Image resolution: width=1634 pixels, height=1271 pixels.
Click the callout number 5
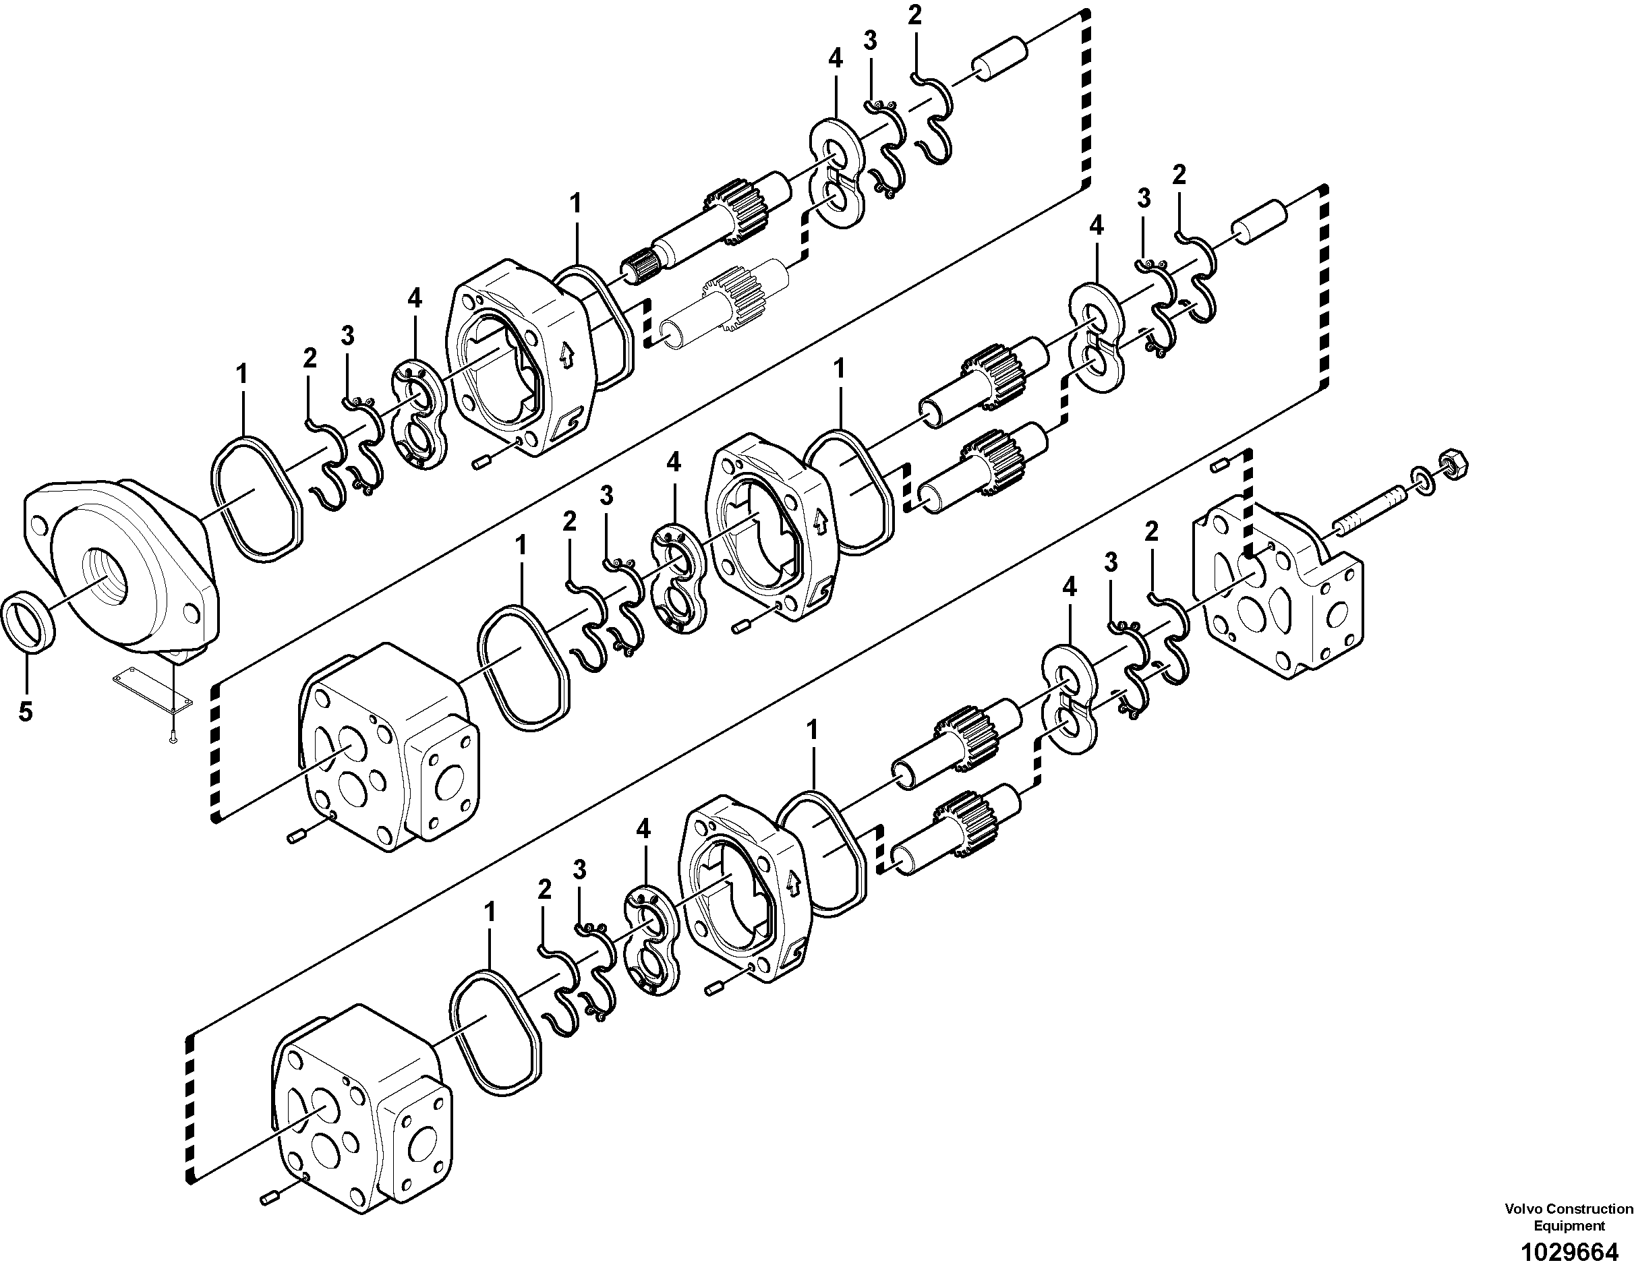point(26,711)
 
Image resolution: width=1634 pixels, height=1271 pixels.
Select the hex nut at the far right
point(1455,465)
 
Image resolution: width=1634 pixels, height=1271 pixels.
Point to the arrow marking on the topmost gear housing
point(566,351)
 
